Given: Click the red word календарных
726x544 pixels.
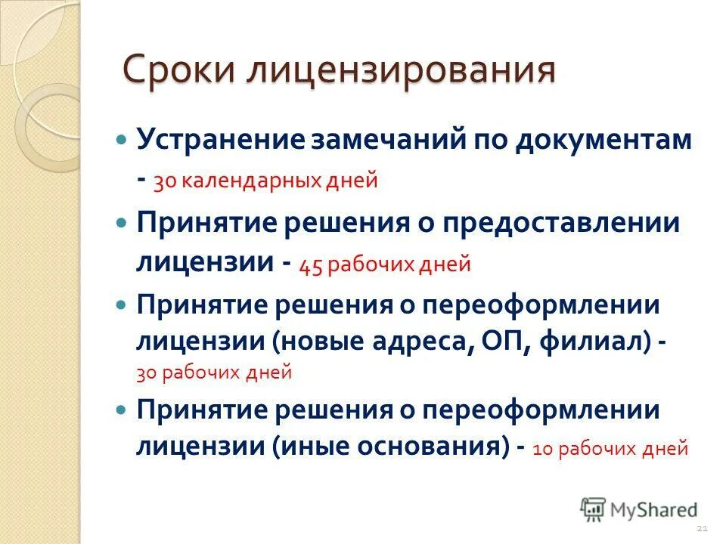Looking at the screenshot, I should click(260, 181).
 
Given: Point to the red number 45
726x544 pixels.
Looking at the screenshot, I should click(312, 265).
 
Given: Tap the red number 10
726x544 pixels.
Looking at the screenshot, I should click(544, 449).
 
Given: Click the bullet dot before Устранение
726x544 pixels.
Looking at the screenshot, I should click(122, 141).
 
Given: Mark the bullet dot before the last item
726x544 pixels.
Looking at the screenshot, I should click(122, 410).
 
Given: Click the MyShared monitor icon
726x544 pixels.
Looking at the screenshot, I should click(594, 509).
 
